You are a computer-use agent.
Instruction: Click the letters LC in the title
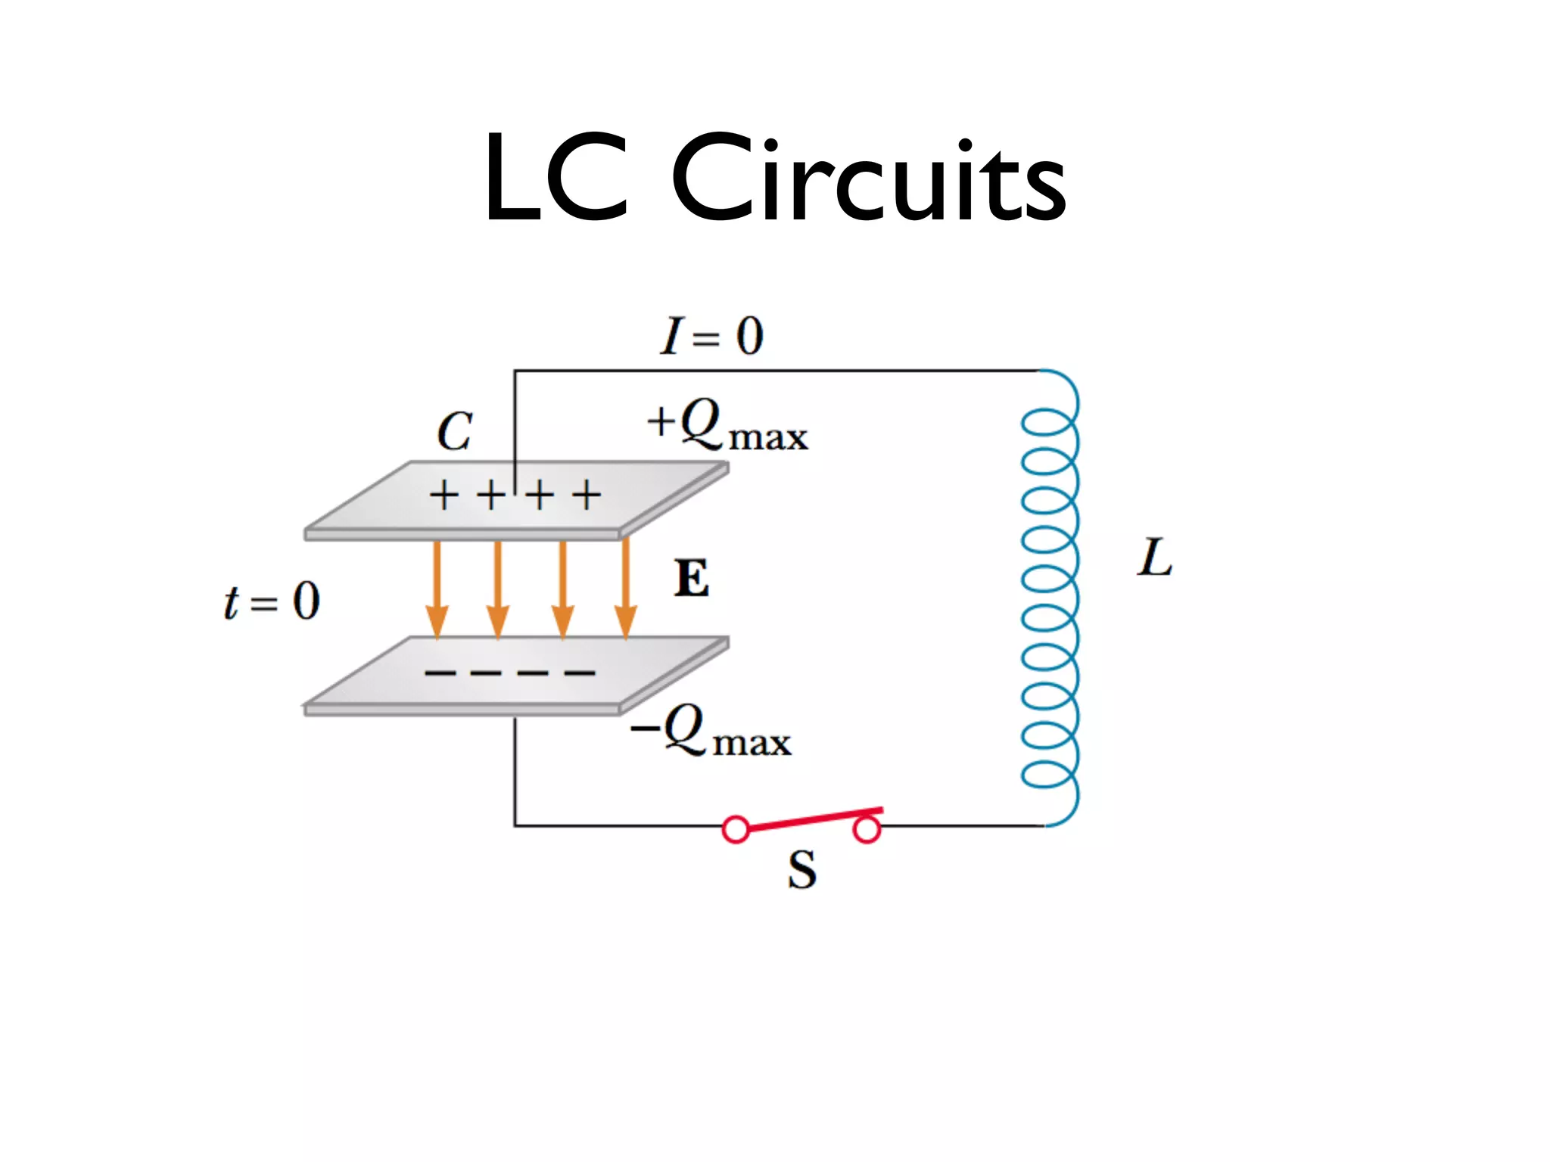pos(556,179)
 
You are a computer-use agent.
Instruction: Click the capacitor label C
pos(454,432)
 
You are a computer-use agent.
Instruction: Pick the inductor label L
pos(1155,558)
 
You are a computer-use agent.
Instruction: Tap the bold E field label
pos(692,579)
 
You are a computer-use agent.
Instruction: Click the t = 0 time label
pos(272,602)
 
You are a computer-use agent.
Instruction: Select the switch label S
pos(802,870)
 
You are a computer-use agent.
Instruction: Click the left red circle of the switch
pos(736,829)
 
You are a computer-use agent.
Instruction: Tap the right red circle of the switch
pos(867,830)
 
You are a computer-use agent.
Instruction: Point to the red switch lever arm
pos(810,819)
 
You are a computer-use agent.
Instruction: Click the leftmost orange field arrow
pos(437,590)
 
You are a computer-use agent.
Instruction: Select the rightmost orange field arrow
pos(625,590)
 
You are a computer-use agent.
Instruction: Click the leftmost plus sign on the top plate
pos(444,496)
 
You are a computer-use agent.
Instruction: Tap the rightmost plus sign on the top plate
pos(587,496)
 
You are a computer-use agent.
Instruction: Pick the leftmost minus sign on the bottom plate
pos(440,672)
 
